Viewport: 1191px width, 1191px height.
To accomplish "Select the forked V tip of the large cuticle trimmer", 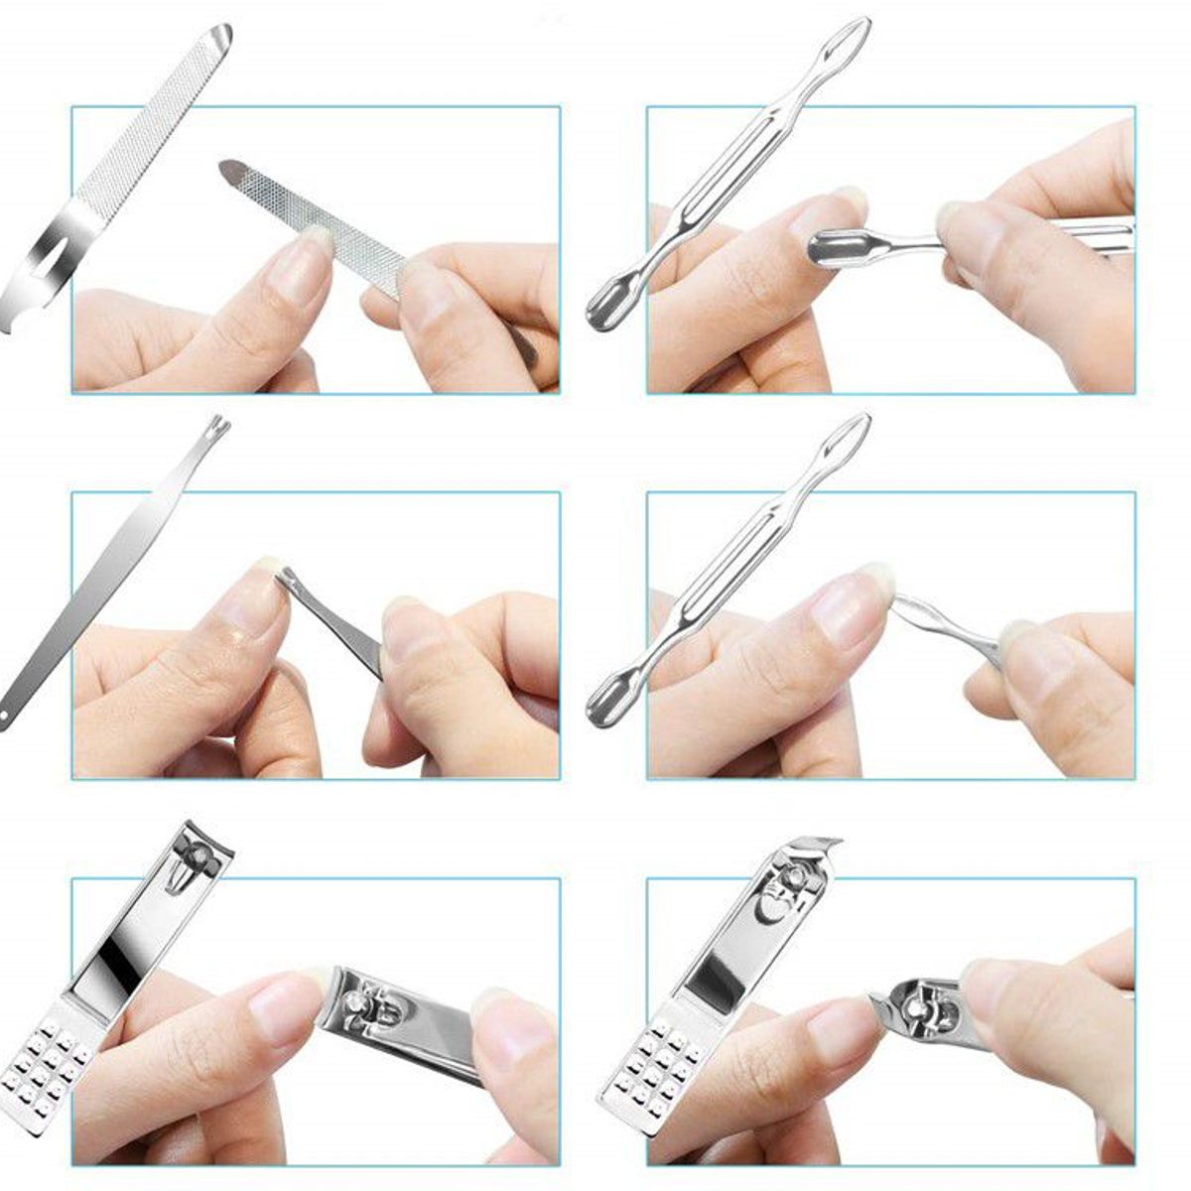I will pos(220,428).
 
